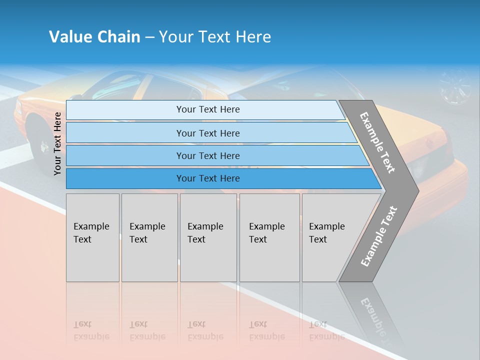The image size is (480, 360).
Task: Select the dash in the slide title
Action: click(149, 37)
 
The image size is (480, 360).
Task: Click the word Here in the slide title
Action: click(253, 37)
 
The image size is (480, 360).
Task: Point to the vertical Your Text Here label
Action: click(57, 143)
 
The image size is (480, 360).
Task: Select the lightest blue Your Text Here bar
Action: click(207, 109)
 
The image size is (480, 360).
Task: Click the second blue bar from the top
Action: click(207, 133)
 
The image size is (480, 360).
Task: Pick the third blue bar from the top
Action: click(207, 155)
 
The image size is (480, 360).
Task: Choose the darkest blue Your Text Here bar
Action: click(207, 178)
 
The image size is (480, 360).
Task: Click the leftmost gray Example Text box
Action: click(92, 237)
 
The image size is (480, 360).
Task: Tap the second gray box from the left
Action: click(149, 237)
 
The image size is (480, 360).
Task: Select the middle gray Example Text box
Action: click(208, 237)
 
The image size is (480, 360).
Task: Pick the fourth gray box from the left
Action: click(269, 237)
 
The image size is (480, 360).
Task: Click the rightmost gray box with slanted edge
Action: click(330, 237)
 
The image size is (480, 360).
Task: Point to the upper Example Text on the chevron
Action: click(378, 142)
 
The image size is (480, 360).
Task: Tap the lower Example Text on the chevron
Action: click(379, 236)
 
